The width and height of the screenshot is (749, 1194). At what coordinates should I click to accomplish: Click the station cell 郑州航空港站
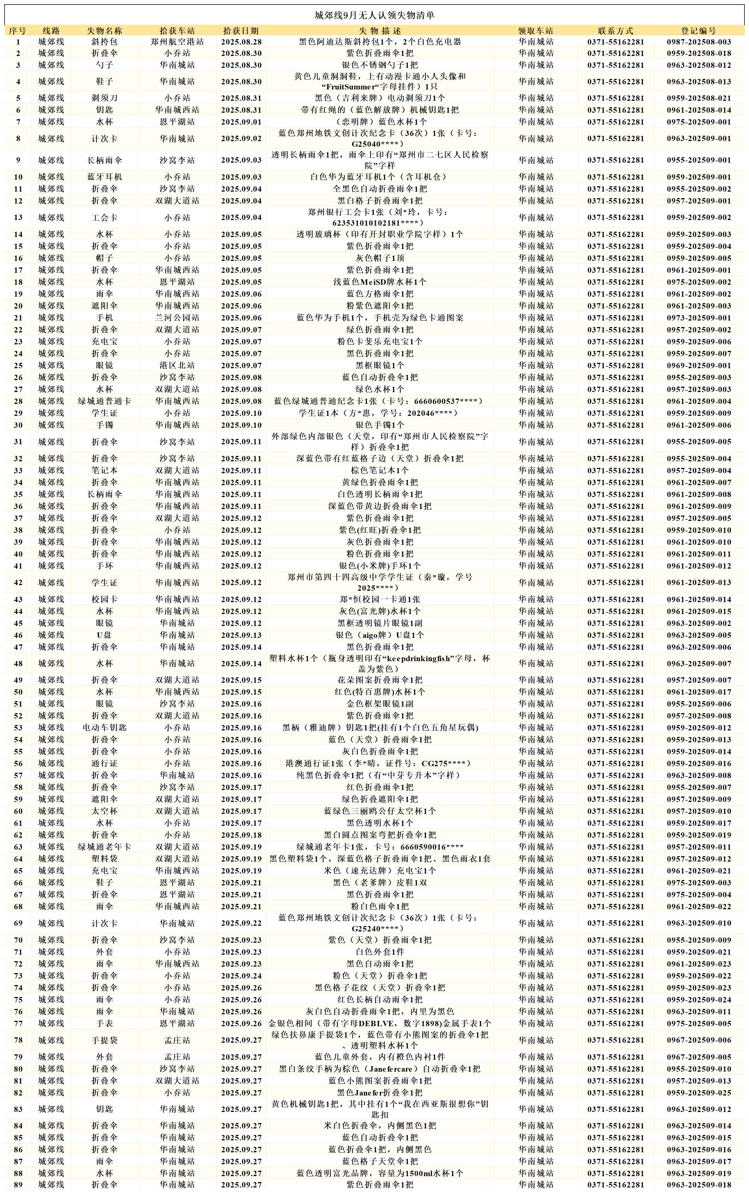click(x=177, y=42)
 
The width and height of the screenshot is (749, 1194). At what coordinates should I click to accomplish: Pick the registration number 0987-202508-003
click(x=698, y=42)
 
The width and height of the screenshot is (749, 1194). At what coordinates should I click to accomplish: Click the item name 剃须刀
click(x=104, y=98)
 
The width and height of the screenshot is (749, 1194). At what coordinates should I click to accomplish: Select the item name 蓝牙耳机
click(x=104, y=177)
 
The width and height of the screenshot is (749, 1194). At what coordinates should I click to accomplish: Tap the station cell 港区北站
click(x=177, y=365)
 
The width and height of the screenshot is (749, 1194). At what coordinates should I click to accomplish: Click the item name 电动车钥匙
click(x=104, y=728)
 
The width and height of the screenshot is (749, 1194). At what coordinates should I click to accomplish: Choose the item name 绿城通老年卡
click(x=104, y=847)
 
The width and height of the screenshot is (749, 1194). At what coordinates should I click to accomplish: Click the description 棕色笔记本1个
click(x=379, y=470)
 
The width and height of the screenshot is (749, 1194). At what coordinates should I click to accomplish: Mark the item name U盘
click(x=104, y=635)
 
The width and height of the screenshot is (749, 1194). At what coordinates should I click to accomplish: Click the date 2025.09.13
click(x=241, y=635)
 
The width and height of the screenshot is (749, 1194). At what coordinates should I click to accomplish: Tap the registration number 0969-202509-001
click(x=698, y=365)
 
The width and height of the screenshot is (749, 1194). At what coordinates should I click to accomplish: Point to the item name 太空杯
click(x=104, y=811)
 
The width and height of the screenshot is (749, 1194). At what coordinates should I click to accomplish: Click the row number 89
click(x=18, y=1185)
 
